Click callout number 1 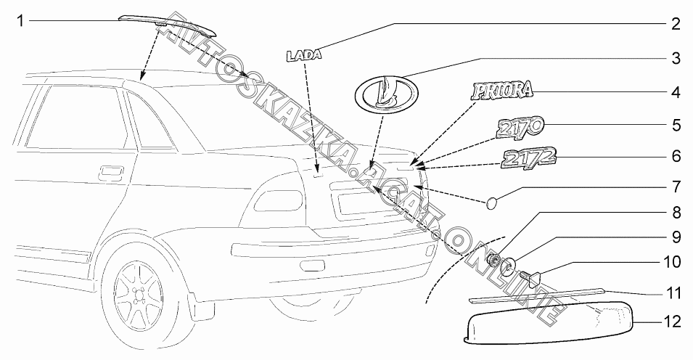pos(21,21)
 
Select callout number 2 pos(675,24)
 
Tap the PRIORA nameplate pos(501,90)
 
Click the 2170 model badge pos(517,128)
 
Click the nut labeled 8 pos(495,261)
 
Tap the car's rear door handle pos(111,172)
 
